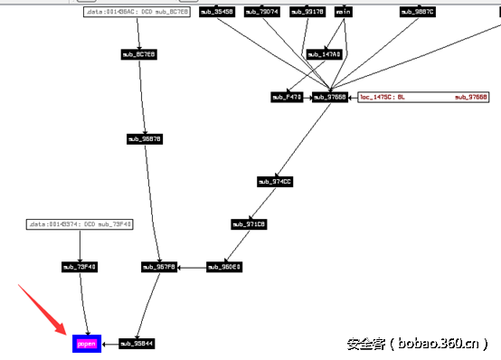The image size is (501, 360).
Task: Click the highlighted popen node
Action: pos(86,344)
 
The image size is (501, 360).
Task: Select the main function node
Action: pos(344,12)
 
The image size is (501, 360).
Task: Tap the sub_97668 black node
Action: pos(330,97)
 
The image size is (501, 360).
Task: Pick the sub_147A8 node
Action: pos(324,54)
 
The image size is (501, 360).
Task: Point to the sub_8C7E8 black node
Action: pos(139,54)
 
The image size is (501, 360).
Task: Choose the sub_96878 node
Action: pos(145,139)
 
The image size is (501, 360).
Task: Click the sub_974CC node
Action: pos(275,182)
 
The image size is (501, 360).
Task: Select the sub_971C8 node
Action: pos(249,224)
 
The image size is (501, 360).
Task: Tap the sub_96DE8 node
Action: pos(224,267)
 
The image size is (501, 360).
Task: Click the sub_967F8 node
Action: pos(159,267)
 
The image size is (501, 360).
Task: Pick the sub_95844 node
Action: pos(137,344)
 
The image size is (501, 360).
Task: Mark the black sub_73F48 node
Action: pos(80,267)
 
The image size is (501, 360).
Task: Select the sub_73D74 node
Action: pos(262,12)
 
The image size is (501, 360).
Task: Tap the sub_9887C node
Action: pos(418,12)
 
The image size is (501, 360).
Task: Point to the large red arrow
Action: pos(41,309)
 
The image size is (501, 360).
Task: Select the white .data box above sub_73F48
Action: pos(80,223)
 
